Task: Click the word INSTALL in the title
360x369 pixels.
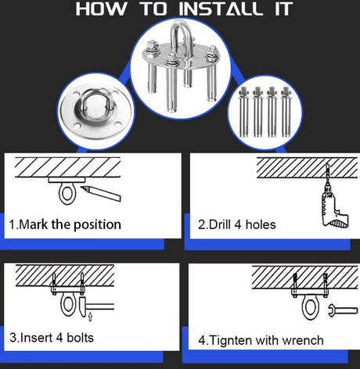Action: pos(221,9)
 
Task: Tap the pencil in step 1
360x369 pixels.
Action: pos(100,193)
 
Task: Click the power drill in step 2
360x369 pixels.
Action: pos(333,205)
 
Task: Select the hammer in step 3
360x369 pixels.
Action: pos(96,306)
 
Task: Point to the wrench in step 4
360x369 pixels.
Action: pos(343,310)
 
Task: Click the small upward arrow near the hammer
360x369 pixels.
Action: pos(90,317)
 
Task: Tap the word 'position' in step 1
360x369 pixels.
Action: pos(97,225)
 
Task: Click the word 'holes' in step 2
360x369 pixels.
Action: pos(261,224)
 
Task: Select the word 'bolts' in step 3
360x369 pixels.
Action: pos(80,338)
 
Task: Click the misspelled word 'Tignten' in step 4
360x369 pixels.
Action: pos(231,340)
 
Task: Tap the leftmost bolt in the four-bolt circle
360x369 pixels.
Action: pos(243,112)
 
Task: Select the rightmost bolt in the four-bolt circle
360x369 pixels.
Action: pos(286,112)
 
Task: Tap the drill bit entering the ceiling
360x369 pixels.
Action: pos(327,173)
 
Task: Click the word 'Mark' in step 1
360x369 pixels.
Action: pos(34,224)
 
